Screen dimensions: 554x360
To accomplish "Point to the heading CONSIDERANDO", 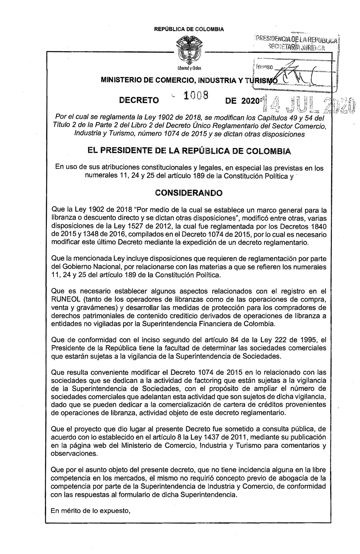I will click(188, 193).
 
